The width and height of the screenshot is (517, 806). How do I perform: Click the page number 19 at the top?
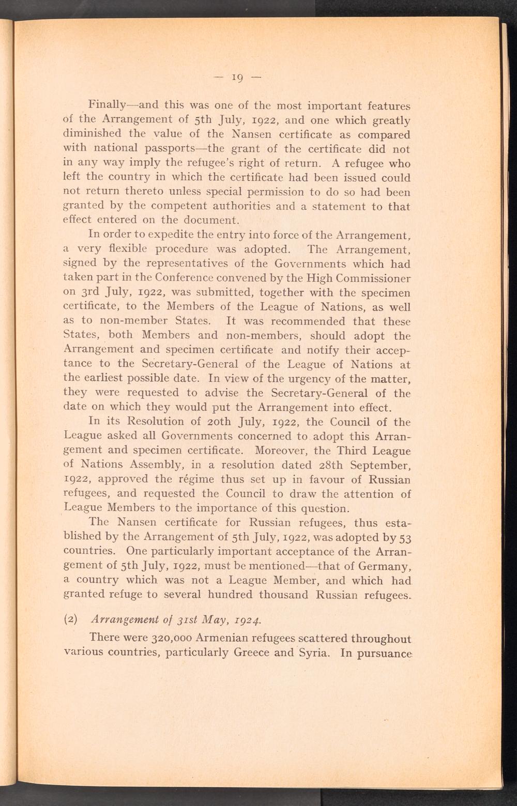238,78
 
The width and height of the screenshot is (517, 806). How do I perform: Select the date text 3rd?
92,293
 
